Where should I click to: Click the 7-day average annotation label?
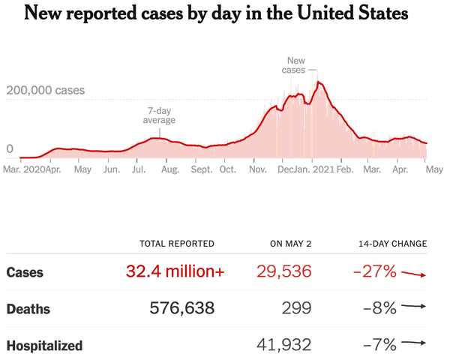pyautogui.click(x=160, y=115)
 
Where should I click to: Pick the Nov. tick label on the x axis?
pyautogui.click(x=257, y=170)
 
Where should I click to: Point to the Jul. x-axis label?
pyautogui.click(x=139, y=170)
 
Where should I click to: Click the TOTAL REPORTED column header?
pyautogui.click(x=177, y=244)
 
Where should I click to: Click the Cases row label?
pyautogui.click(x=24, y=272)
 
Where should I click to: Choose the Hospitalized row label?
pyautogui.click(x=44, y=346)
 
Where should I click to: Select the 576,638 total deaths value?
pyautogui.click(x=181, y=308)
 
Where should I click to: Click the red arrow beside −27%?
pyautogui.click(x=413, y=274)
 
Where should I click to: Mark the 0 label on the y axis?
pyautogui.click(x=10, y=148)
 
